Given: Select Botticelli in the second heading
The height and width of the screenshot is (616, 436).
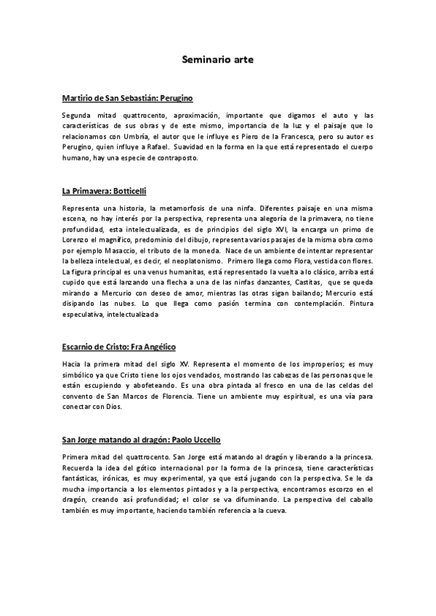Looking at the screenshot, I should (128, 192).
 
